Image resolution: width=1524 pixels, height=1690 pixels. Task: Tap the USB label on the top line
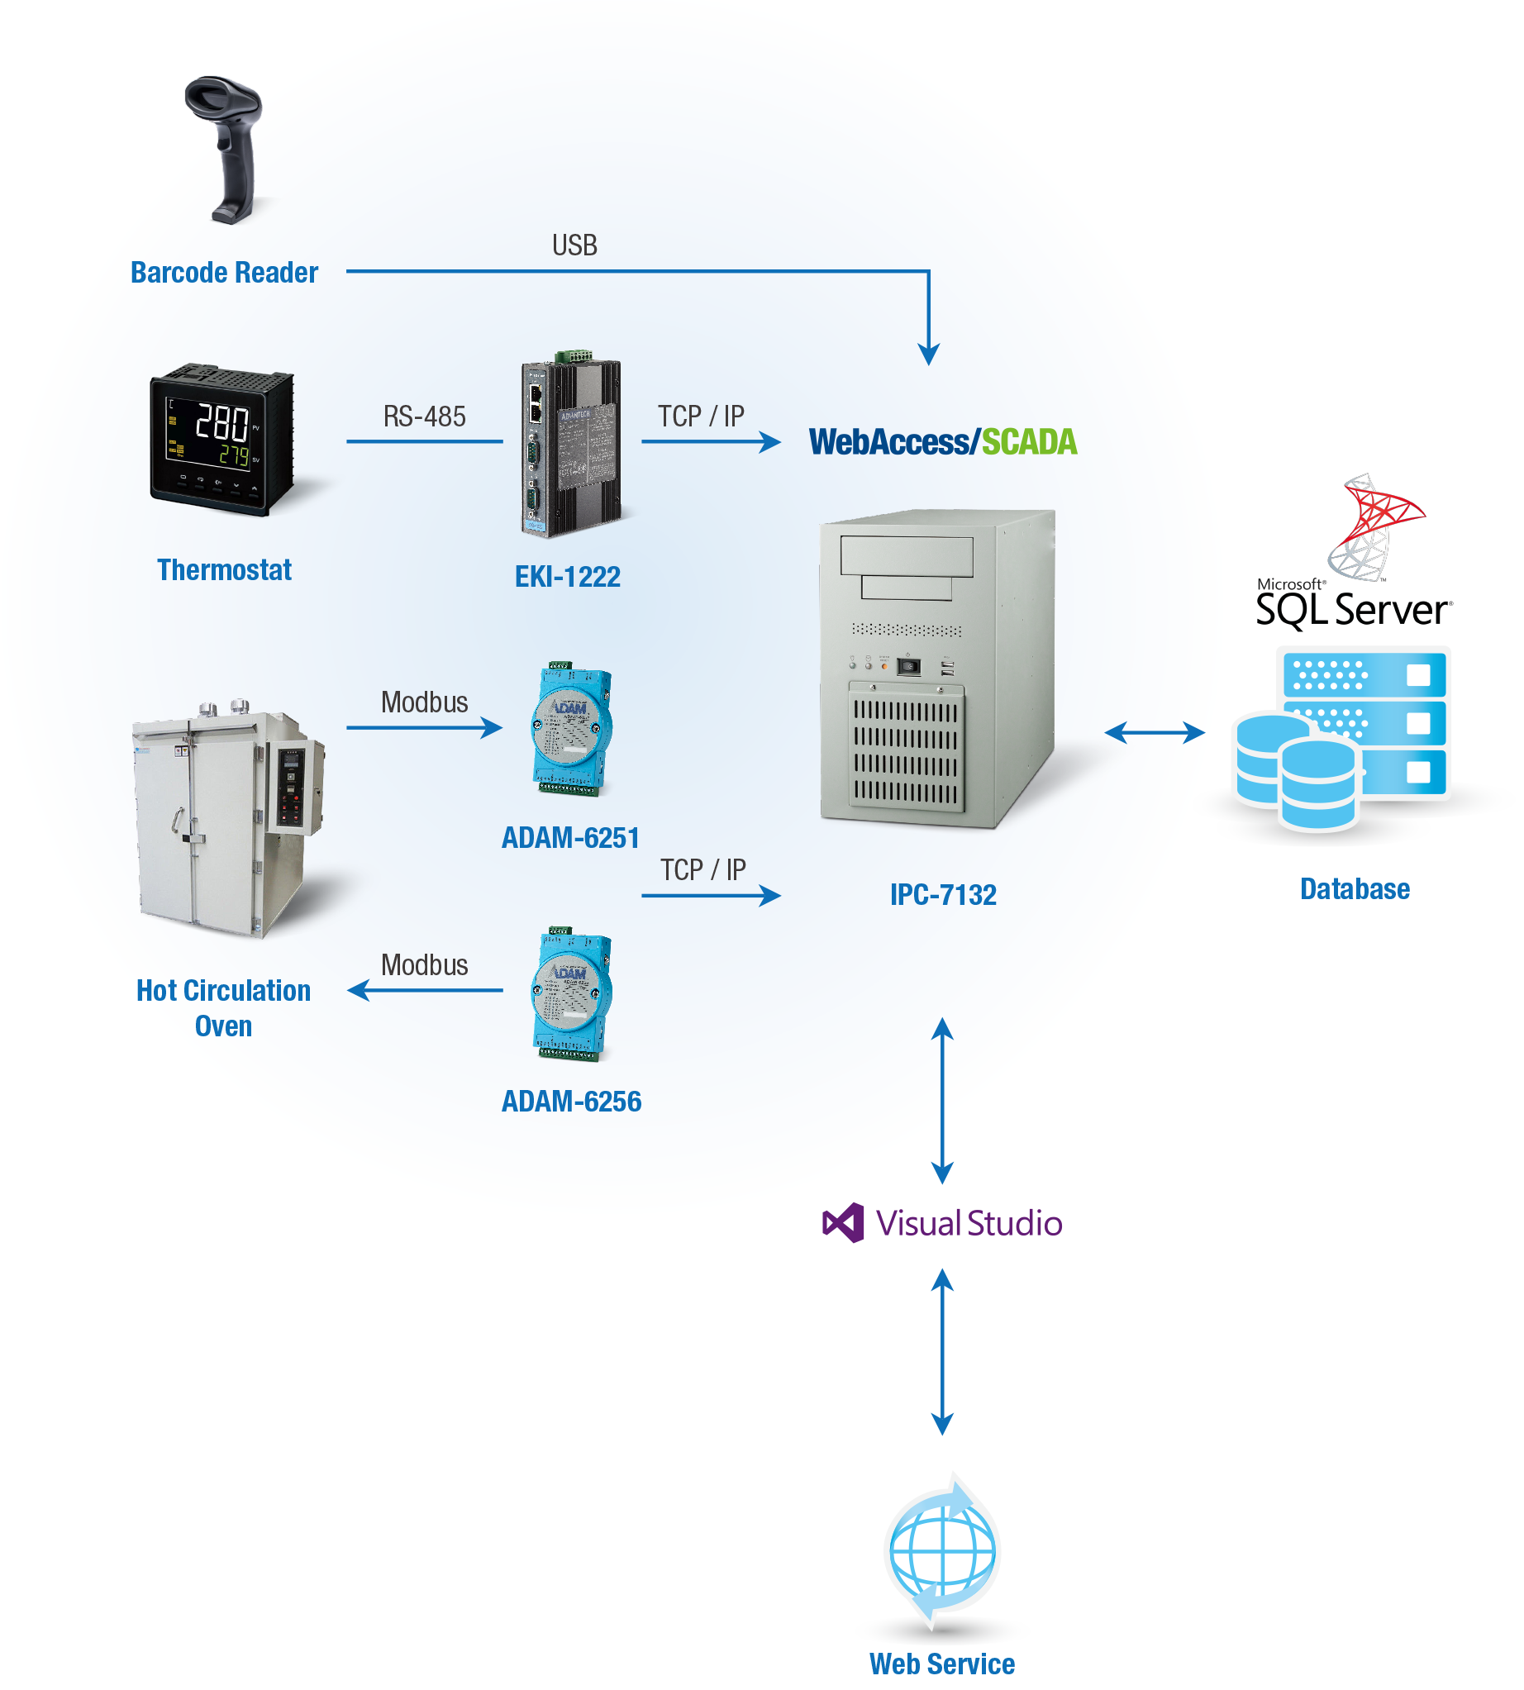coord(574,245)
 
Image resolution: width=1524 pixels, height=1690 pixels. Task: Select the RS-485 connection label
coord(425,417)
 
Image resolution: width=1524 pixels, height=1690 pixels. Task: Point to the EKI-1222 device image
coord(570,448)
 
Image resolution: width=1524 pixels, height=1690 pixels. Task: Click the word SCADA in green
coord(1029,442)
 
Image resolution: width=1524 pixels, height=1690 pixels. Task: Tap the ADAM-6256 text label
coord(571,1102)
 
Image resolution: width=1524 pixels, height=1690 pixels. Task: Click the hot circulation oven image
coord(228,821)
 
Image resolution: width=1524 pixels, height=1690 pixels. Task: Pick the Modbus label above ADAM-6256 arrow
coord(425,964)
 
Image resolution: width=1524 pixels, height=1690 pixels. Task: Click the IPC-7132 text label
coord(943,895)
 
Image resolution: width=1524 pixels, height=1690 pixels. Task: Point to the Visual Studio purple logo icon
coord(843,1223)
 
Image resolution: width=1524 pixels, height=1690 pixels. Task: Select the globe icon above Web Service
coord(943,1550)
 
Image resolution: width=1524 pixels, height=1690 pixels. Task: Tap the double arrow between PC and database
coord(1154,733)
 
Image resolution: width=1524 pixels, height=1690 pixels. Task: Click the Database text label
coord(1354,888)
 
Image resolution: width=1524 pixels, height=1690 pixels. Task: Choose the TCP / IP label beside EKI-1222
coord(701,417)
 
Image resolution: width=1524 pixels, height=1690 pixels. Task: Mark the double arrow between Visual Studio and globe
coord(943,1353)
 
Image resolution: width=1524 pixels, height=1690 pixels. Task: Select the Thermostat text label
coord(225,570)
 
